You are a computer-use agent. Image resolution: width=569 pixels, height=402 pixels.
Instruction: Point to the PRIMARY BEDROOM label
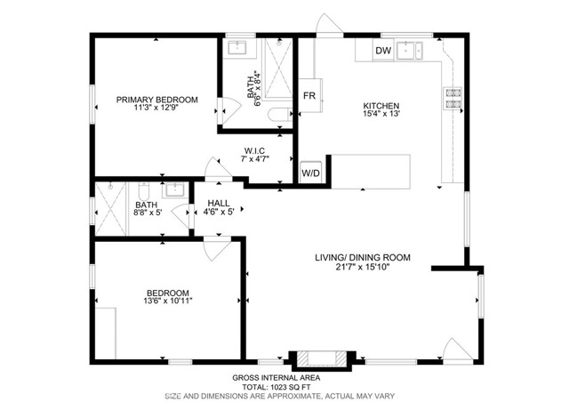(x=156, y=100)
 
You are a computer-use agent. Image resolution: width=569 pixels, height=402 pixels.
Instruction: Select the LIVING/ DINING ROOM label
(x=362, y=257)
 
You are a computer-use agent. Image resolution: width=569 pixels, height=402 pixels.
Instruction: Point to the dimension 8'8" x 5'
(x=147, y=213)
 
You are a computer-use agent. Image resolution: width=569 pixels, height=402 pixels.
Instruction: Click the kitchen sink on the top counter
(x=412, y=50)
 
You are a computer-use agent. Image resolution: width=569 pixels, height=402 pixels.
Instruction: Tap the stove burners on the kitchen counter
(x=453, y=99)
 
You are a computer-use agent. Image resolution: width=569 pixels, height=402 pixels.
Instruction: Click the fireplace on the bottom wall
(x=319, y=358)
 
